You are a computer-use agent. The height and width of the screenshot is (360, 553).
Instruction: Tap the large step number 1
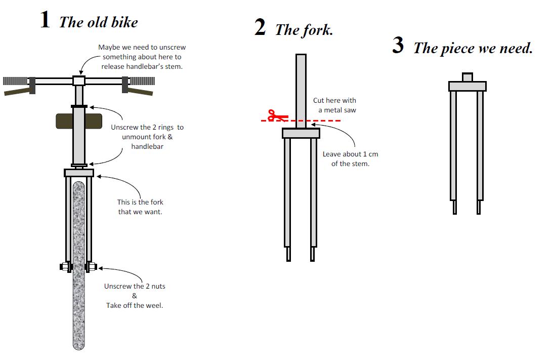[x=45, y=19]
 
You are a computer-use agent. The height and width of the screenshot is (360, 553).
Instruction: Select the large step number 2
[x=260, y=27]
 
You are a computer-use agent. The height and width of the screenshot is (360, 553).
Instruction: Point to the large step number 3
[x=398, y=45]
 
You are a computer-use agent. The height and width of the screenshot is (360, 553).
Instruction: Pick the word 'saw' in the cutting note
[x=350, y=110]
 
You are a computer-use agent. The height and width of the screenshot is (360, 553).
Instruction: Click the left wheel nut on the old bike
[x=66, y=266]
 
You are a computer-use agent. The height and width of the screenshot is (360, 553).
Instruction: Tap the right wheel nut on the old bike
[x=91, y=266]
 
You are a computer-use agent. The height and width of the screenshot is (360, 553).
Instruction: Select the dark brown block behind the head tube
[x=79, y=121]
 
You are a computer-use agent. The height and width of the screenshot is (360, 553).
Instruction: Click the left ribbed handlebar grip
[x=15, y=81]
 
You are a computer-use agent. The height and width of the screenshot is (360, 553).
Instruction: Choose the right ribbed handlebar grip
[x=143, y=81]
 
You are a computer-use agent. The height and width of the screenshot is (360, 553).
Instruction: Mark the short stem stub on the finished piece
[x=467, y=77]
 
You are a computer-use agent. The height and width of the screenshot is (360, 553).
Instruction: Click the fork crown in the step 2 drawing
[x=301, y=133]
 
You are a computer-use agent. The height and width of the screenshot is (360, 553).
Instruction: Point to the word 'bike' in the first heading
[x=125, y=22]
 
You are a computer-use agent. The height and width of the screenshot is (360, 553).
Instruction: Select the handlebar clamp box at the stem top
[x=78, y=81]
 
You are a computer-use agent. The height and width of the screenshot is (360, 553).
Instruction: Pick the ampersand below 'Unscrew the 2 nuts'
[x=135, y=296]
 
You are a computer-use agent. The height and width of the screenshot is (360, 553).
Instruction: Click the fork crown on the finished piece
[x=467, y=87]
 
